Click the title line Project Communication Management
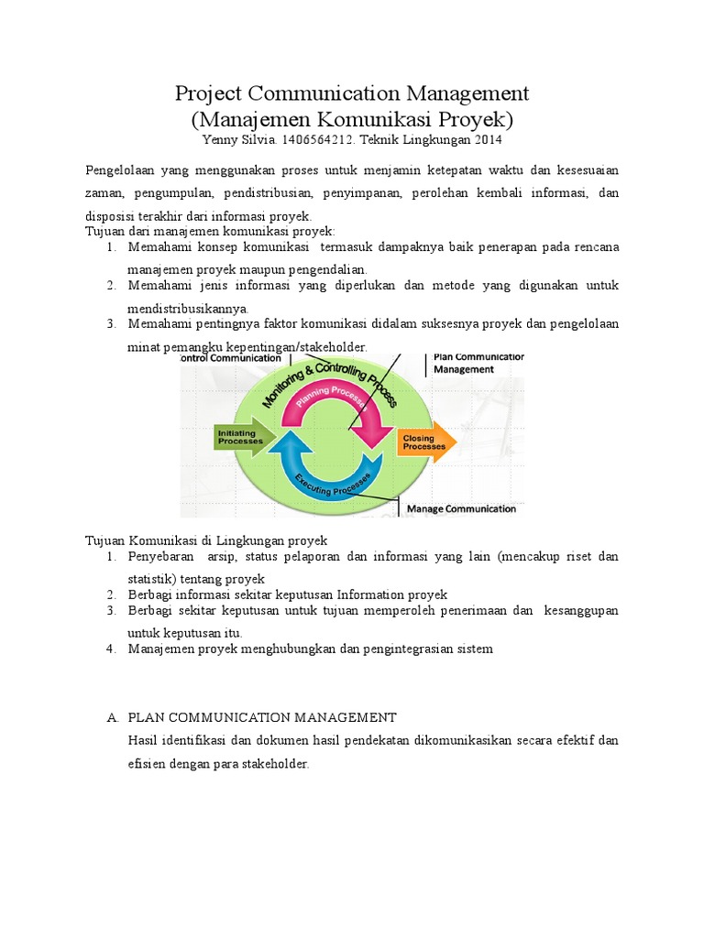pos(352,93)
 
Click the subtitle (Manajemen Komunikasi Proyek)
pos(352,119)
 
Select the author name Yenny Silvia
pos(238,140)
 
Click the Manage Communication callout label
pos(460,508)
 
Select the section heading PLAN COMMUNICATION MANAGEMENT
pos(262,717)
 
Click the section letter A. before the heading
pos(111,717)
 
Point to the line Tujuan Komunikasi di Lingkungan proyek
pos(206,540)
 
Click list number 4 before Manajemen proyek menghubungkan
pos(109,649)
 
